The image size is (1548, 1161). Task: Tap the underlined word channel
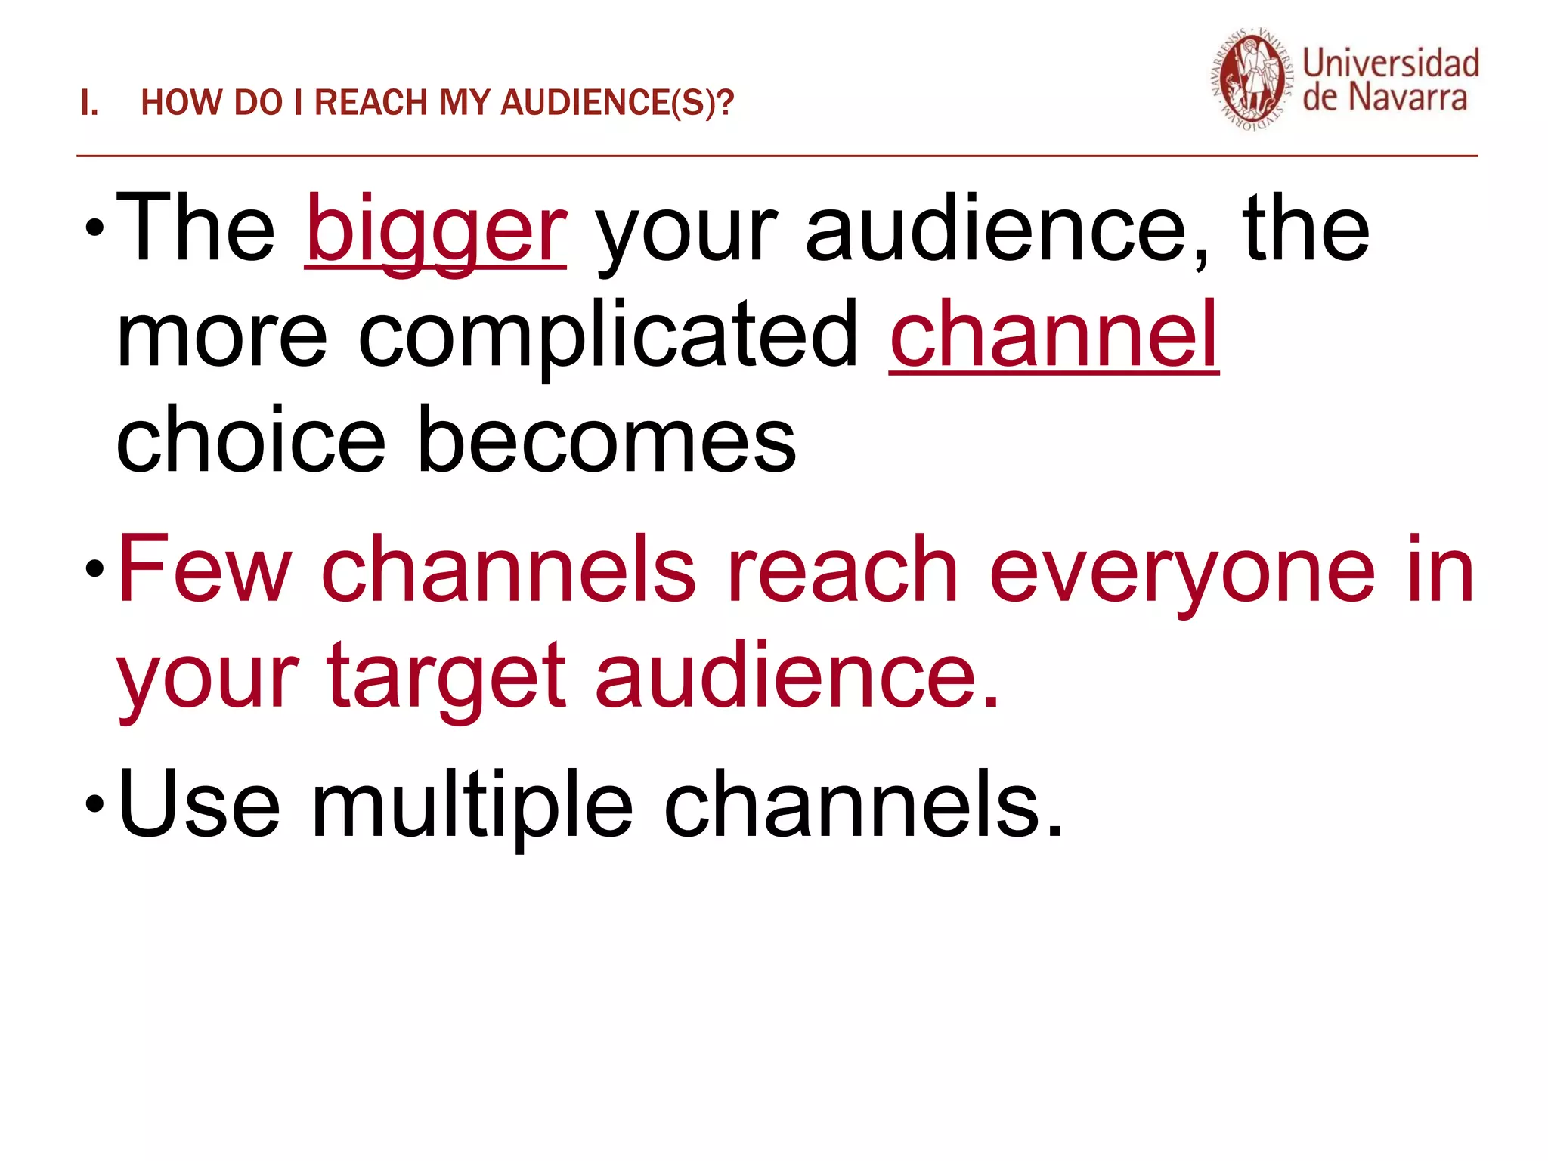(1054, 335)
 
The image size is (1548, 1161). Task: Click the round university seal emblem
(1252, 81)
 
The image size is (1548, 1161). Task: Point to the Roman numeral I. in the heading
(89, 104)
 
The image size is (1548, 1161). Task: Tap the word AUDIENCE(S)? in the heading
(617, 104)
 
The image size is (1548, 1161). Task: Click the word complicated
(608, 336)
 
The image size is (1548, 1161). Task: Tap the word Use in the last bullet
(199, 803)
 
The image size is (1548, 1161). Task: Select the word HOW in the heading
(182, 104)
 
